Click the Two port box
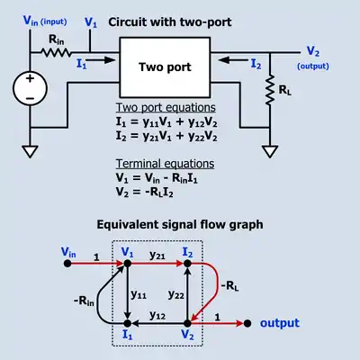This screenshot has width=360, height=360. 165,67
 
